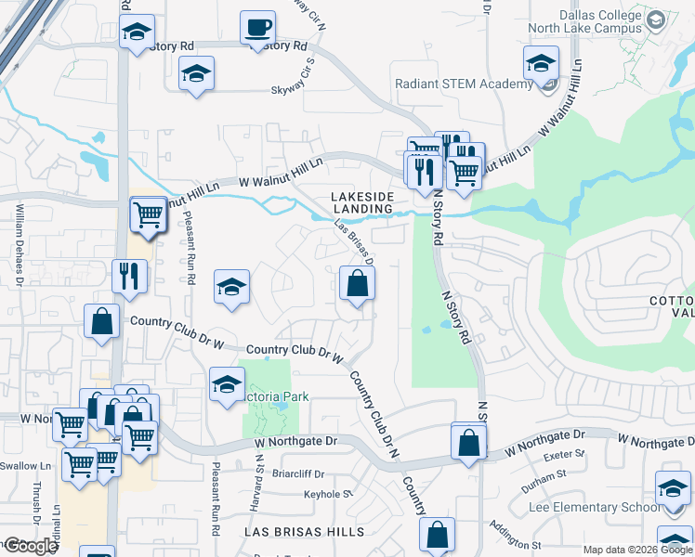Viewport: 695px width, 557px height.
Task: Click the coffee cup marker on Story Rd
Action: pos(257,27)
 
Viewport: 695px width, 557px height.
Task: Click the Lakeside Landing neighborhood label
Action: pos(363,202)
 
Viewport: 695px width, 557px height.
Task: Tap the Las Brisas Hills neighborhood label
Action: pos(304,531)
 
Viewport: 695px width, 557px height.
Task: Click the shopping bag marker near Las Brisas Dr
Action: pos(357,284)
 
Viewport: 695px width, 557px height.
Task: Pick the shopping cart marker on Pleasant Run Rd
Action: pos(149,214)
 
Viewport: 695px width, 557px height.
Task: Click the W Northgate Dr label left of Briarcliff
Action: pos(296,441)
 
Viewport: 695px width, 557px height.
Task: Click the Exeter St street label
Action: pos(564,456)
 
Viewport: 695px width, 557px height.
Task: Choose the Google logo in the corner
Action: pos(31,546)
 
